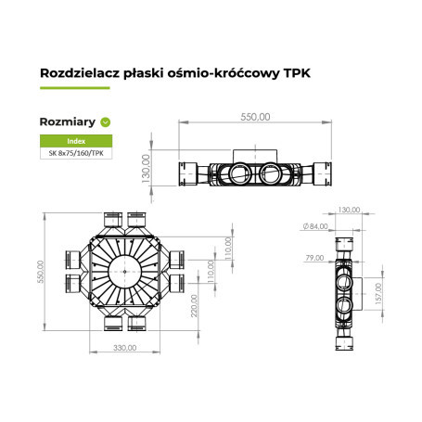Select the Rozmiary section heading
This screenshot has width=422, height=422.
coord(68,121)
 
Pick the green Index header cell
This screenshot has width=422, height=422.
coord(76,141)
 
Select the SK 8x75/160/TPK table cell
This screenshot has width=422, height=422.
coord(76,153)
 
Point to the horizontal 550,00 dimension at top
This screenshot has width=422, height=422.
coord(256,118)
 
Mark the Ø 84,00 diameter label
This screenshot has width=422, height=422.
coord(314,226)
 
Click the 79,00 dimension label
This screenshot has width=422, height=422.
coord(313,258)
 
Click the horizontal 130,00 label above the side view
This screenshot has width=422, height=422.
coord(350,211)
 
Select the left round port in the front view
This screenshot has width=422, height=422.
coord(238,172)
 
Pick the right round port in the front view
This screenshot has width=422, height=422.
coord(275,172)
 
